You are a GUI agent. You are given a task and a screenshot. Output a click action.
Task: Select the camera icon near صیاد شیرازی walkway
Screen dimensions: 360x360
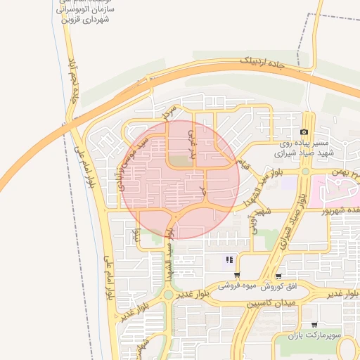304,132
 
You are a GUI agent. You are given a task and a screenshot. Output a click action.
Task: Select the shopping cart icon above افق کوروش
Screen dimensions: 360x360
279,276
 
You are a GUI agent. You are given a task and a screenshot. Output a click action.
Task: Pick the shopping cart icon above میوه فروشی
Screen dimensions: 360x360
236,275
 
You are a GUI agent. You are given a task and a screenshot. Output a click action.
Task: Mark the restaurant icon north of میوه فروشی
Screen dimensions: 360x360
229,260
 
